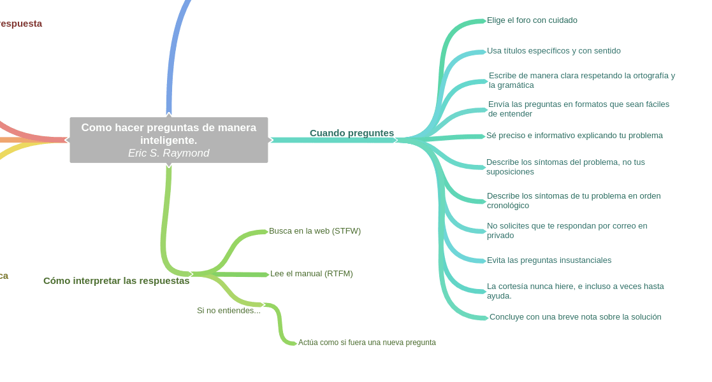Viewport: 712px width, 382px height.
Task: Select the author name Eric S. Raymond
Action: (168, 153)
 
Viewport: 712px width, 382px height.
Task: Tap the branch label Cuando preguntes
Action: (351, 133)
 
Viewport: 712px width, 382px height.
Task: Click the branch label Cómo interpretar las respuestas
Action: (116, 281)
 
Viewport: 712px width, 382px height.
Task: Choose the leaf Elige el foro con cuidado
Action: (532, 20)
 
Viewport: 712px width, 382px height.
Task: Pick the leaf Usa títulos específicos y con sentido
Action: (553, 51)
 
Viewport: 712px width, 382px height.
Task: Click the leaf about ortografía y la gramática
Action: (581, 80)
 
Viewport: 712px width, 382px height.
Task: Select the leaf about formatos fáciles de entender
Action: (578, 109)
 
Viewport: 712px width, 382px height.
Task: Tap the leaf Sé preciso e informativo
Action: (574, 136)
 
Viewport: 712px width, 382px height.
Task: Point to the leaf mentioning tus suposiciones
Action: (565, 167)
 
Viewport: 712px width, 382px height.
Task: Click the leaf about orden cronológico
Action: (573, 201)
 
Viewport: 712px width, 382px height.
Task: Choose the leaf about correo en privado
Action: (567, 230)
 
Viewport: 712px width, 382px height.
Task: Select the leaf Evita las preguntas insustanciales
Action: (549, 260)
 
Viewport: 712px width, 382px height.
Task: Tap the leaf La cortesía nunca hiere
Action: (575, 291)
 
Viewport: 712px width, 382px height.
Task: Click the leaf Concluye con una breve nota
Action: (575, 317)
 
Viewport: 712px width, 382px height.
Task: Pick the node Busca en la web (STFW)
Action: (314, 231)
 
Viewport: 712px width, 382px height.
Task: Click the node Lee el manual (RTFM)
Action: (311, 274)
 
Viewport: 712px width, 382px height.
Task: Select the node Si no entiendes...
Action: (228, 311)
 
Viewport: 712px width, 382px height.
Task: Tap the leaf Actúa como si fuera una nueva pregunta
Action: (367, 343)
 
